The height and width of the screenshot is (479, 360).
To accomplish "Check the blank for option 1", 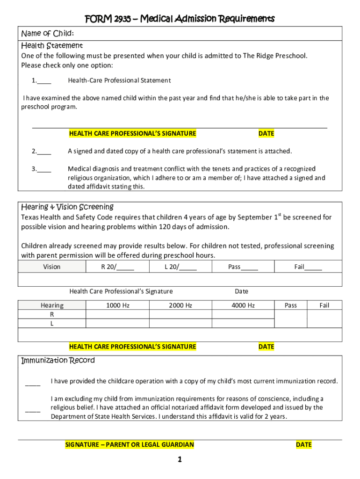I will click(44, 80).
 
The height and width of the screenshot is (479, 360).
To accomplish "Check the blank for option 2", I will click(44, 151).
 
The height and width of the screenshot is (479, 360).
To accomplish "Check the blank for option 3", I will click(44, 169).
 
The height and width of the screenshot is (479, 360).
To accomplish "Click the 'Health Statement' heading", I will click(52, 45).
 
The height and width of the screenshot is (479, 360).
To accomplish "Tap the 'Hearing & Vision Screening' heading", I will click(67, 207).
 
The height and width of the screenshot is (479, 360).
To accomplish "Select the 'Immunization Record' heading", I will click(58, 360).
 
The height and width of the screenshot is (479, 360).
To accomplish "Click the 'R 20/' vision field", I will click(125, 267).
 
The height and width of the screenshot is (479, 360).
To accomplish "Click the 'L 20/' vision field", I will click(187, 267).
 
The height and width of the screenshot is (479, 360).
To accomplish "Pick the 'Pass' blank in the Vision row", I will click(250, 267).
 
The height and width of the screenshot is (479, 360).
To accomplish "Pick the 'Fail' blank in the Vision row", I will click(313, 267).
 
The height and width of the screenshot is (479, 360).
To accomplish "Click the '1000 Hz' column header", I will click(117, 305).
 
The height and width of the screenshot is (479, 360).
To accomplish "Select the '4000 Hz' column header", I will click(243, 305).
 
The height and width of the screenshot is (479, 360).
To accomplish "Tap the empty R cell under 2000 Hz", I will click(180, 314).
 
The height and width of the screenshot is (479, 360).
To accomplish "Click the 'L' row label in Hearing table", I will click(52, 323).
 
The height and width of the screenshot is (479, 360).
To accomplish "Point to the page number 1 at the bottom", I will click(180, 459).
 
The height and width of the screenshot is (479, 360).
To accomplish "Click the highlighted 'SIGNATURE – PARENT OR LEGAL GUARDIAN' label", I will click(130, 445).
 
